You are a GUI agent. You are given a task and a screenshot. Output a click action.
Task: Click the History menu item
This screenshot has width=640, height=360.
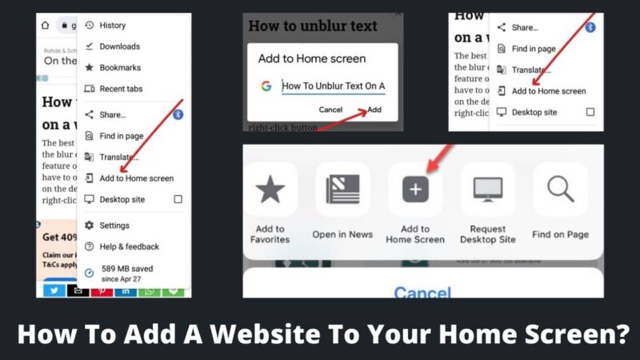112,26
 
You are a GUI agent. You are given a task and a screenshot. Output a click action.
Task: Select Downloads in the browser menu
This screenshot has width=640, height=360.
119,46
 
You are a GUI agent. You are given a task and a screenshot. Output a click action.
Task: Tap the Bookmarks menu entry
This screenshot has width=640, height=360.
120,67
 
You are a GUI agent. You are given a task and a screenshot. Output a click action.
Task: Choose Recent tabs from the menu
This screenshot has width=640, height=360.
121,89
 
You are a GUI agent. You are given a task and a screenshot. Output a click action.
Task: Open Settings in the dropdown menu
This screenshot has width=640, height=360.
114,226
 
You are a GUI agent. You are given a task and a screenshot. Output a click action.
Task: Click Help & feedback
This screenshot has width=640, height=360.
129,246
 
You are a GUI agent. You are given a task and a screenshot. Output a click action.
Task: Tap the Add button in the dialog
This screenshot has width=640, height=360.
374,110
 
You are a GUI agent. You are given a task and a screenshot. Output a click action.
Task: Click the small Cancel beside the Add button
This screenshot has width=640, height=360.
330,110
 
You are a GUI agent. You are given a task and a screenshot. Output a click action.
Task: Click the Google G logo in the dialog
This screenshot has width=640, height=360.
266,86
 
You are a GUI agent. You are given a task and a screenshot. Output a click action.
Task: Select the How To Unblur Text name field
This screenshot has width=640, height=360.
334,86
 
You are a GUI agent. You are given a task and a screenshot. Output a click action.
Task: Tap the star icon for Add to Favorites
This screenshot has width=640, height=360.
270,190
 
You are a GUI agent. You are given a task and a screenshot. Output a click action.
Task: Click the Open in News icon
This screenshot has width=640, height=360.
342,190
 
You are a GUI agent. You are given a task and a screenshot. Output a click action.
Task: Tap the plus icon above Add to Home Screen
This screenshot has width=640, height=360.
415,190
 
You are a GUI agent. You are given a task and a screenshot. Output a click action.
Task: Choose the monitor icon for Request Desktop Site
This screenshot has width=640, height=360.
488,190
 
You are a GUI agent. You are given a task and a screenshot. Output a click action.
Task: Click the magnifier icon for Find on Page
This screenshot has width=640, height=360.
561,190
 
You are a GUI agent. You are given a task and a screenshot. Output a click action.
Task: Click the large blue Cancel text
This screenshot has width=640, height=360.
422,294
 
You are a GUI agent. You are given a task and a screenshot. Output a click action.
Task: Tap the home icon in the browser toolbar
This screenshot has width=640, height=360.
46,26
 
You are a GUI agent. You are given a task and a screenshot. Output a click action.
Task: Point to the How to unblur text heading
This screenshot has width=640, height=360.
313,26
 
